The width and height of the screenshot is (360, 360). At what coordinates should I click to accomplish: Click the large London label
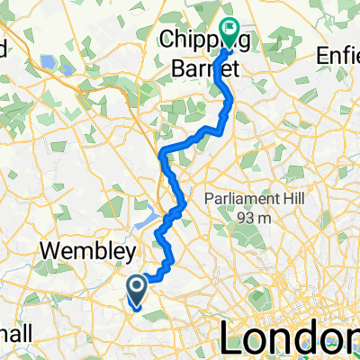tap(282, 339)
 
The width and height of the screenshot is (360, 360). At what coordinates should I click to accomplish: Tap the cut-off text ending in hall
tap(16, 333)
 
